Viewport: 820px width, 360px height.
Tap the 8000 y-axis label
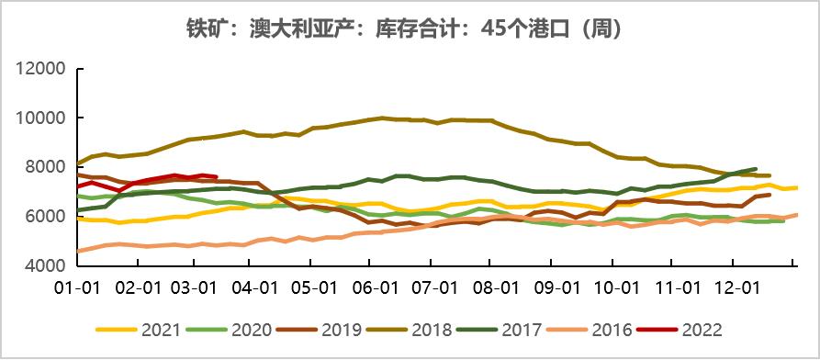coord(41,167)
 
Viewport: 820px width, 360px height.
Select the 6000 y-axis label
coord(41,217)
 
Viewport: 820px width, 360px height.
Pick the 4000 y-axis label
coord(41,265)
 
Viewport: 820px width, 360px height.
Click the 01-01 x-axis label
coord(77,287)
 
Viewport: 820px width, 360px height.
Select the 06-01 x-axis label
coord(373,287)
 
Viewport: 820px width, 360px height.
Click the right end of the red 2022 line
coord(216,176)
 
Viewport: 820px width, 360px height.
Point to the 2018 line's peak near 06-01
coord(381,118)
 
